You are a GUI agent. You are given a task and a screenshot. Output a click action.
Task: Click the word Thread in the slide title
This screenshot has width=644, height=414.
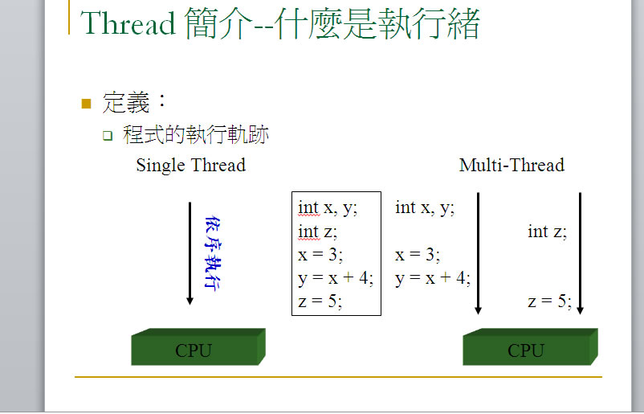pyautogui.click(x=128, y=23)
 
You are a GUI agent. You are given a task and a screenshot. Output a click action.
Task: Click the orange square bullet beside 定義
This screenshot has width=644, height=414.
pyautogui.click(x=86, y=103)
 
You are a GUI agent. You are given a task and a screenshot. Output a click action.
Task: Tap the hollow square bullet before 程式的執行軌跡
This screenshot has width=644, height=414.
pyautogui.click(x=108, y=136)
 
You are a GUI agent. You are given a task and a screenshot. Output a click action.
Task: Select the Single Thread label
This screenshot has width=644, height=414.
pyautogui.click(x=191, y=166)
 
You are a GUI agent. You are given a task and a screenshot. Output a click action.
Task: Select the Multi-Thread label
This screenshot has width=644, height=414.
pyautogui.click(x=512, y=166)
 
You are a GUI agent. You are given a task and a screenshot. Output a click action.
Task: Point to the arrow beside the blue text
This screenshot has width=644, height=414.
pyautogui.click(x=190, y=253)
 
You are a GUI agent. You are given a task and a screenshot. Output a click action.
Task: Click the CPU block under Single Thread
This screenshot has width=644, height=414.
pyautogui.click(x=198, y=346)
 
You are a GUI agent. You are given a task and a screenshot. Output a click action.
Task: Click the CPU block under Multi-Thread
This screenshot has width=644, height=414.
pyautogui.click(x=530, y=346)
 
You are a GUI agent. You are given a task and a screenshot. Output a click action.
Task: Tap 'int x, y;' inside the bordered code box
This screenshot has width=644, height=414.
pyautogui.click(x=328, y=208)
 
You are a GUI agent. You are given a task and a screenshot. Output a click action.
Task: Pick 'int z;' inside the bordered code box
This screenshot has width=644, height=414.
pyautogui.click(x=317, y=232)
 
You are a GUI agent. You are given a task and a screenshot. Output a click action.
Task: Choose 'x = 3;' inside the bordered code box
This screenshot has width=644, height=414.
pyautogui.click(x=320, y=255)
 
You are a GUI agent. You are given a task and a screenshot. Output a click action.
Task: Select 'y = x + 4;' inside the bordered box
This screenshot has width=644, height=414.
pyautogui.click(x=336, y=279)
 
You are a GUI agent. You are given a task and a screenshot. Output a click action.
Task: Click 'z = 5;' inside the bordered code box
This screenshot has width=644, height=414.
pyautogui.click(x=320, y=301)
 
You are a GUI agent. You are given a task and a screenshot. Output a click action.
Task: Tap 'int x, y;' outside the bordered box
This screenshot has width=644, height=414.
pyautogui.click(x=425, y=208)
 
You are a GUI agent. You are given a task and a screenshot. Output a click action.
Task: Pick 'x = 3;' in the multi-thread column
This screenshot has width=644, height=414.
pyautogui.click(x=418, y=255)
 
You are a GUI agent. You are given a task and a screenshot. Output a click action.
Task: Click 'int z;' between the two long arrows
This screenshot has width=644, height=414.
pyautogui.click(x=548, y=232)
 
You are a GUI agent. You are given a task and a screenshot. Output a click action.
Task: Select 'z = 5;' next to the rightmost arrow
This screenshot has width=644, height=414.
pyautogui.click(x=550, y=301)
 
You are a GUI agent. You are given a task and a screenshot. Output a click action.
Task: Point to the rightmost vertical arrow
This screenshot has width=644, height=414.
pyautogui.click(x=580, y=253)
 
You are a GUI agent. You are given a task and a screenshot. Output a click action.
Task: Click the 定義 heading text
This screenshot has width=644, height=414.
pyautogui.click(x=126, y=102)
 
